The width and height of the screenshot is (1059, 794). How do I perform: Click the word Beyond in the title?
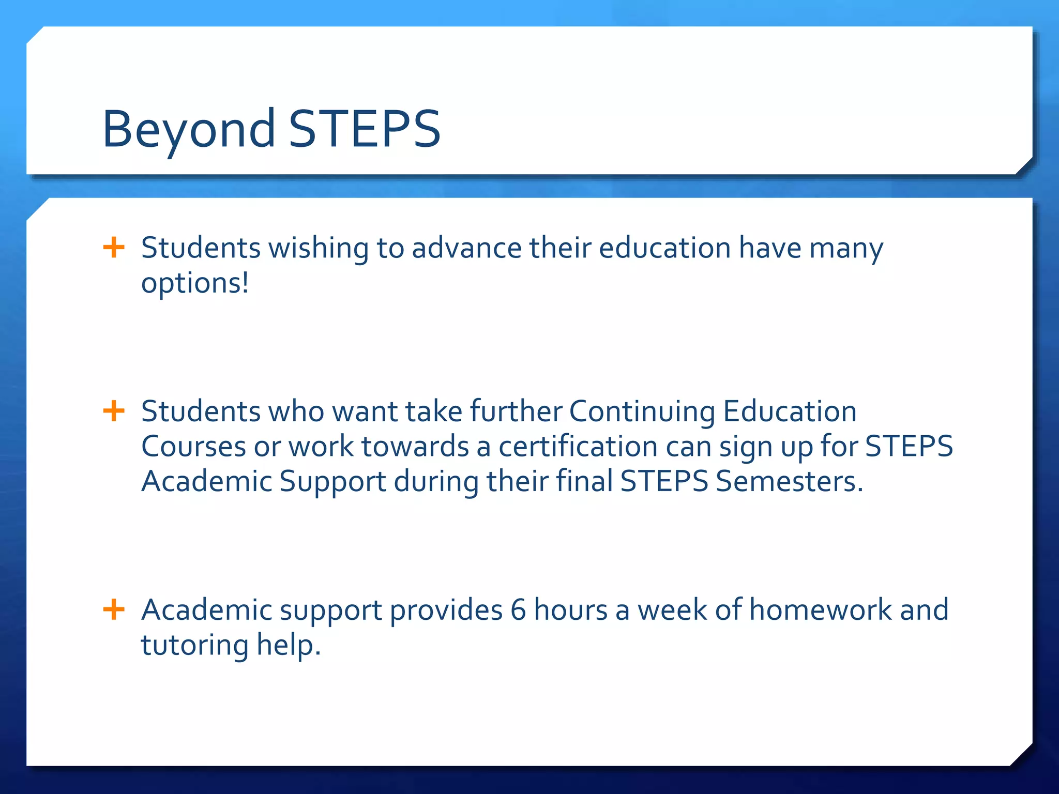(x=188, y=129)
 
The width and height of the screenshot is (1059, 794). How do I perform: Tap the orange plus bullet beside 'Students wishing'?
(x=114, y=248)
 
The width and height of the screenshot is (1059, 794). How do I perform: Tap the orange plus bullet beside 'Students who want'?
(x=114, y=411)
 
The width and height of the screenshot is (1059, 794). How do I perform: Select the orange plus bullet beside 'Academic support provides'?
(x=114, y=609)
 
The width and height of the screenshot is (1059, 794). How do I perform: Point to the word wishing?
(x=319, y=248)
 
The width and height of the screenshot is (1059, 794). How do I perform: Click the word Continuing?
(x=642, y=413)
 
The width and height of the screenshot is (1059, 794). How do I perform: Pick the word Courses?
(x=193, y=447)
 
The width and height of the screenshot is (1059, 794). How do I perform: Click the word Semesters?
(x=789, y=482)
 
